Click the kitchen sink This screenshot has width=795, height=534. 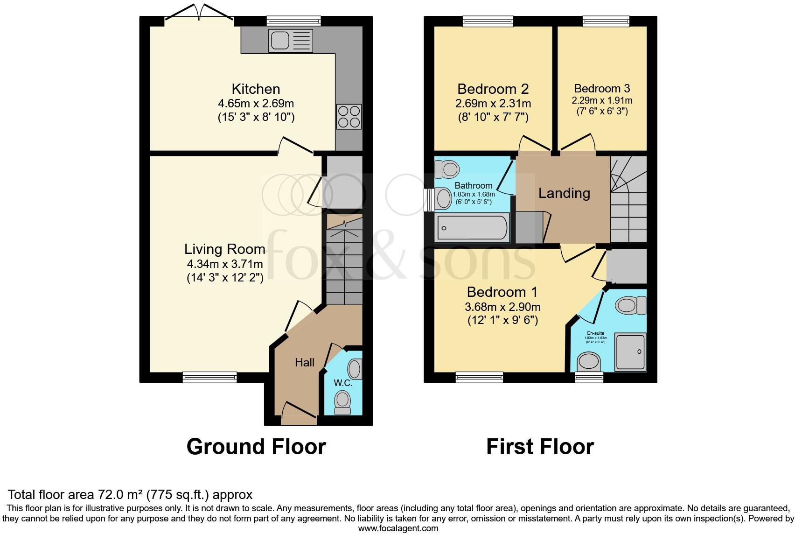(x=290, y=41)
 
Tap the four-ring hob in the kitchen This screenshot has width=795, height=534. (x=349, y=116)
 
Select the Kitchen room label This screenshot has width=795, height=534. (x=256, y=89)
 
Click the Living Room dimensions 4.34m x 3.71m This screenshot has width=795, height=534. (x=225, y=264)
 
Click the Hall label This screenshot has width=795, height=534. (x=304, y=363)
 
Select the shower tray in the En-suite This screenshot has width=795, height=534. (x=630, y=351)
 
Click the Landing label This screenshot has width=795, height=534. (x=564, y=193)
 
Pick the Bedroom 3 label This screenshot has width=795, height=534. (x=602, y=88)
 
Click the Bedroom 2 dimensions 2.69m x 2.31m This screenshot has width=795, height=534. (x=493, y=104)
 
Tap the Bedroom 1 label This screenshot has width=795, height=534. (x=502, y=292)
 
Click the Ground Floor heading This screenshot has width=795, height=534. (x=256, y=447)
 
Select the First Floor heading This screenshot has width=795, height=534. (x=540, y=447)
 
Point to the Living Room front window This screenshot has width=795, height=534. (x=209, y=377)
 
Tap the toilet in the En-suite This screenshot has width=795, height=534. (x=630, y=306)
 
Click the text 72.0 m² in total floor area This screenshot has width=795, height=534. (x=120, y=495)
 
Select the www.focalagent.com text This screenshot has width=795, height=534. (x=398, y=528)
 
